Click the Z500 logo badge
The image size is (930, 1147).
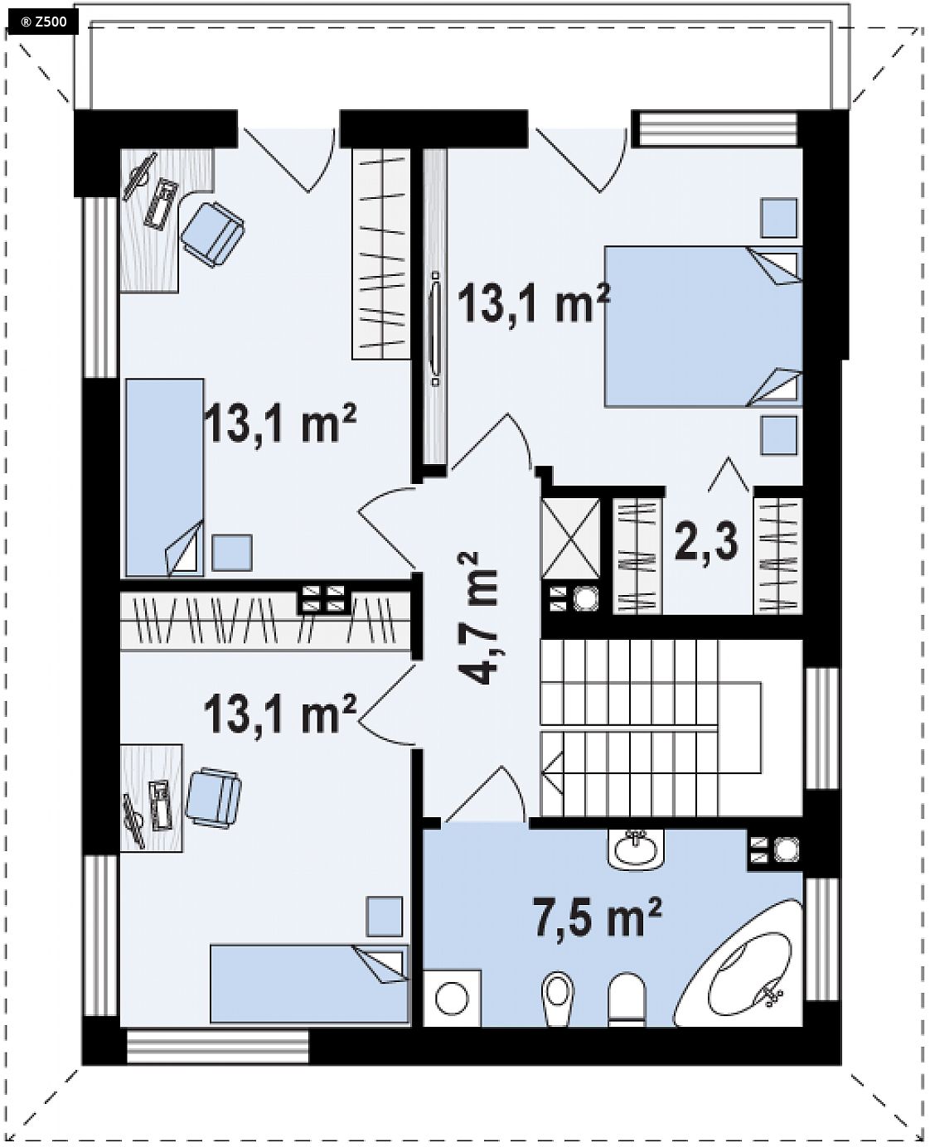point(42,22)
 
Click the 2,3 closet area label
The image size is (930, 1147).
point(706,540)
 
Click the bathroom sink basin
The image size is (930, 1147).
point(636,849)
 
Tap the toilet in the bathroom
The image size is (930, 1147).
point(558,999)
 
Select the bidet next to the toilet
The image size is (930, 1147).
point(627,999)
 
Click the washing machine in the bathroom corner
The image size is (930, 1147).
point(452,998)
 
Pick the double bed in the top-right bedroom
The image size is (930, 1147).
point(703,327)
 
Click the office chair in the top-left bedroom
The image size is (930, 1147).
point(212,234)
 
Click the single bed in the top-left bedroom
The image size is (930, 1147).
point(165,477)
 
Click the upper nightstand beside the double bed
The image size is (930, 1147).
point(778,218)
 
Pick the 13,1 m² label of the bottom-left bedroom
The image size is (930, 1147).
point(280,714)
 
